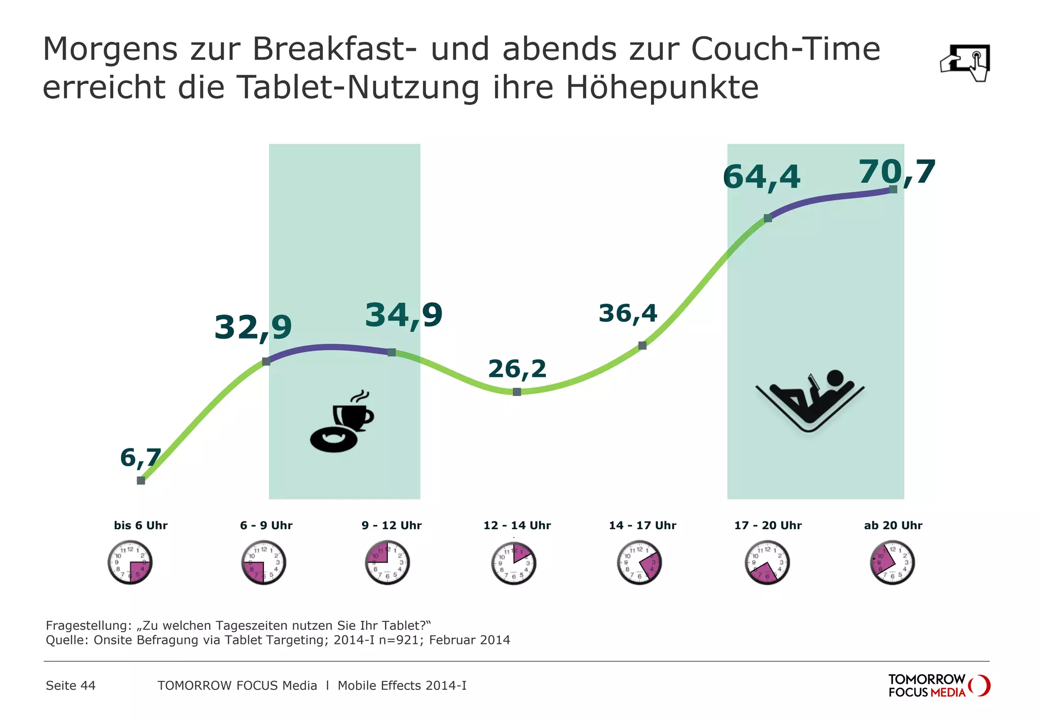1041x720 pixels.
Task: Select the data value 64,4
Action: point(761,177)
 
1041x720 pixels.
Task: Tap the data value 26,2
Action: point(517,369)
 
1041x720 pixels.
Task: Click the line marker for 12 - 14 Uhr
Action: point(517,392)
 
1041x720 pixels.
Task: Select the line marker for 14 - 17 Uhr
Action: point(642,346)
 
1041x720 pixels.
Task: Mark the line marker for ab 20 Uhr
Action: point(893,189)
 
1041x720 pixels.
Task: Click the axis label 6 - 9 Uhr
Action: point(266,526)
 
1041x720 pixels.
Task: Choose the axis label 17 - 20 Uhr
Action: point(768,526)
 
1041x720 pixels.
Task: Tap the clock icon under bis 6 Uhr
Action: point(130,563)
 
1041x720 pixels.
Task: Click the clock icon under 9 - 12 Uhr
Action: point(387,563)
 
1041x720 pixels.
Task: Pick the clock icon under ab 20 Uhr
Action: point(893,563)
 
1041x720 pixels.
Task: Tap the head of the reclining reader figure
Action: point(835,378)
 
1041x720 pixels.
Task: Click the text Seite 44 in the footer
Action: point(71,685)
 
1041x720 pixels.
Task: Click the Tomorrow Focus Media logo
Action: point(939,685)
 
